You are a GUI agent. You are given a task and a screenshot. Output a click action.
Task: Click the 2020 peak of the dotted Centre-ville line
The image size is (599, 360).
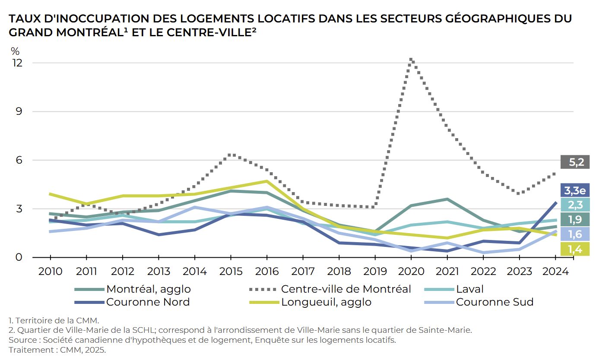(x=411, y=59)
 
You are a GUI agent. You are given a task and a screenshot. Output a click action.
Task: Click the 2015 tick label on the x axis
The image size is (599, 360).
(x=231, y=272)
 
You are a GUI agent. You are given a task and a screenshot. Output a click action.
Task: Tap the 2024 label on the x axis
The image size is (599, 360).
(x=555, y=272)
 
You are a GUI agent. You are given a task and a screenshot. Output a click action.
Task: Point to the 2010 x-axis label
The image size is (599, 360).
(x=51, y=272)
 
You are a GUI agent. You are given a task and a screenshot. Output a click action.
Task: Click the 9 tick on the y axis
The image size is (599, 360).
(x=19, y=111)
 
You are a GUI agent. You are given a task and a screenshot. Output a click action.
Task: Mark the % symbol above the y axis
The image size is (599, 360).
(x=15, y=51)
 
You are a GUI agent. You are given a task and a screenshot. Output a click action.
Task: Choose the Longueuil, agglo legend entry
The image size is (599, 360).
(x=326, y=302)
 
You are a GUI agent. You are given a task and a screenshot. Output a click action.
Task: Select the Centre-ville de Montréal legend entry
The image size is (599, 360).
(x=345, y=289)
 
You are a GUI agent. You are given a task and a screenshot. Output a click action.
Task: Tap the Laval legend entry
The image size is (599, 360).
(x=470, y=289)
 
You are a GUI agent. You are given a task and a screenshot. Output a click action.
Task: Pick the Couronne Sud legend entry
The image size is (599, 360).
(x=494, y=302)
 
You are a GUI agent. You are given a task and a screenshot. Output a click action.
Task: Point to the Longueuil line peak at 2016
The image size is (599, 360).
(x=267, y=181)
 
